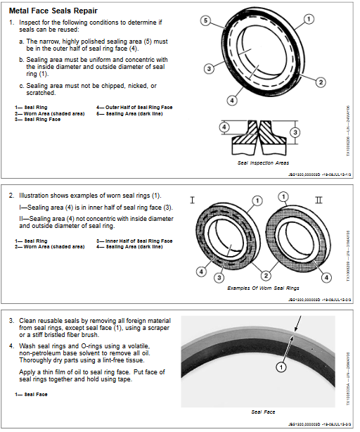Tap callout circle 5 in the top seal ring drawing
coord(205,22)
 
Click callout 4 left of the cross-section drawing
coord(224,127)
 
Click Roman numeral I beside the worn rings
coord(192,201)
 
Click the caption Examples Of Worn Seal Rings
coord(263,288)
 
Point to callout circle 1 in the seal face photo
coord(280,367)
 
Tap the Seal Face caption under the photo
coord(263,412)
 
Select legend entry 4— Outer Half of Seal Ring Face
coord(134,107)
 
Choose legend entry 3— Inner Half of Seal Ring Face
coord(134,241)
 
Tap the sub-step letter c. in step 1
coord(21,86)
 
